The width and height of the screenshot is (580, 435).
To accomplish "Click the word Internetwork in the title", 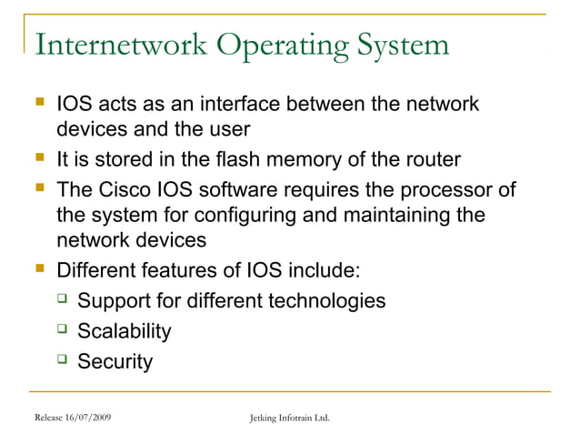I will (x=114, y=45).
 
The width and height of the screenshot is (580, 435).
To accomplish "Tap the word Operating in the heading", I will (x=274, y=45).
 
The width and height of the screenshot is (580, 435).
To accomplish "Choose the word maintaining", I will (x=385, y=216).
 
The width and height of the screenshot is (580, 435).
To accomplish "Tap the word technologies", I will (x=328, y=300).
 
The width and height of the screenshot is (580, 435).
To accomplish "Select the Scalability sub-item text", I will (x=124, y=331).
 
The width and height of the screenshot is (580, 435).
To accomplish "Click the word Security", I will (x=115, y=361).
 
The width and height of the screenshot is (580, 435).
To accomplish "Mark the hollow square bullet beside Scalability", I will (x=61, y=329).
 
